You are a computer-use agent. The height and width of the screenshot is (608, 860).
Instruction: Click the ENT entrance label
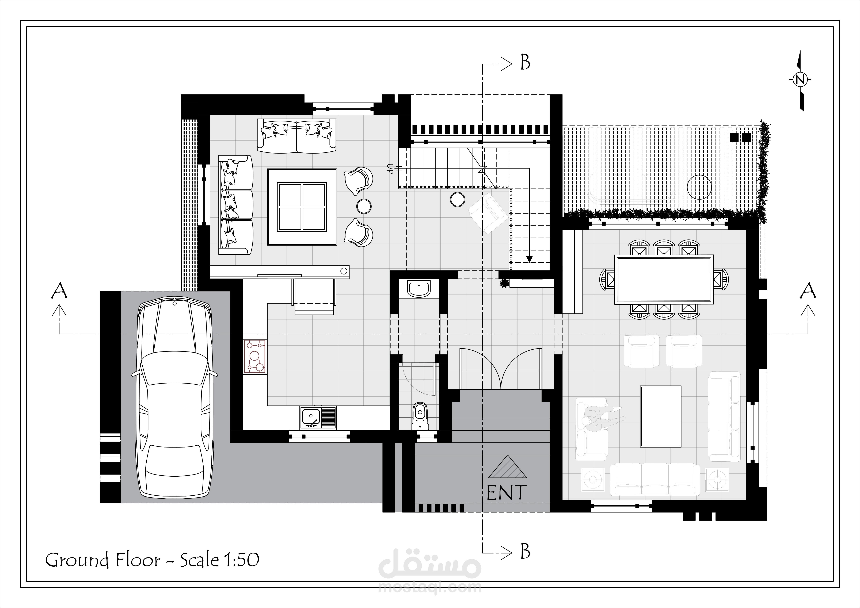point(507,493)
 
